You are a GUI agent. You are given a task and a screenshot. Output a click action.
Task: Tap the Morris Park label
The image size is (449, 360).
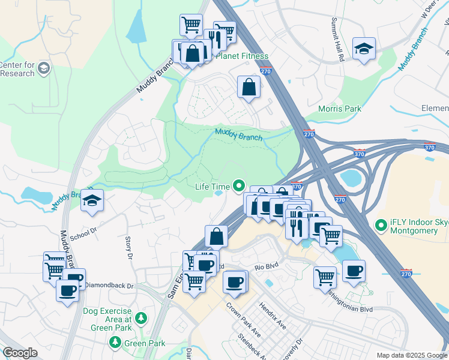coord(340,109)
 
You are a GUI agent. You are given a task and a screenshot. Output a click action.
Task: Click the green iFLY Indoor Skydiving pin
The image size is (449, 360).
coord(379,226)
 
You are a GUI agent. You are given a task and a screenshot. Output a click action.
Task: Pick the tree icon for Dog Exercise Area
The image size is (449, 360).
coord(140,317)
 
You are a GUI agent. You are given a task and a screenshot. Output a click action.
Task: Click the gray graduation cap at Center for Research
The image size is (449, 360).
coord(44,68)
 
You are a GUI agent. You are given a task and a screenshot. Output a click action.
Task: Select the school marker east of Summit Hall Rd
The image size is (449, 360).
coord(364,48)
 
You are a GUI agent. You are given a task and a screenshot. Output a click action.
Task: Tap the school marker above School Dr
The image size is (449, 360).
coord(92,200)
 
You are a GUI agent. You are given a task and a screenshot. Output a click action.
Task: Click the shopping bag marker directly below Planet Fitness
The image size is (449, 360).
coord(249,87)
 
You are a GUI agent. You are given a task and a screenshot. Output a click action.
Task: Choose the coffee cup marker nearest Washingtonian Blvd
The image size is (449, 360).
coord(354,271)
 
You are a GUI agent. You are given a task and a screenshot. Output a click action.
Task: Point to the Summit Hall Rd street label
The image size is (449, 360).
coord(337,40)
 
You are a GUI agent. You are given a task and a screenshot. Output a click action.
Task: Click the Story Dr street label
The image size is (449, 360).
coord(128,248)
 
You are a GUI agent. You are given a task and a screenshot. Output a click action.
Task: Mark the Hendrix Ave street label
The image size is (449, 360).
coord(273,315)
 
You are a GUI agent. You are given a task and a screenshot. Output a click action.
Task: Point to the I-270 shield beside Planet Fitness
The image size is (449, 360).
coord(267,71)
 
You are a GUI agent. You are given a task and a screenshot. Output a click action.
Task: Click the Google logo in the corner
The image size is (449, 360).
coord(20,353)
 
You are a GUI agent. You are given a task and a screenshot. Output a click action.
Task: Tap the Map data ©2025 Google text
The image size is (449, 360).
coord(411,355)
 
